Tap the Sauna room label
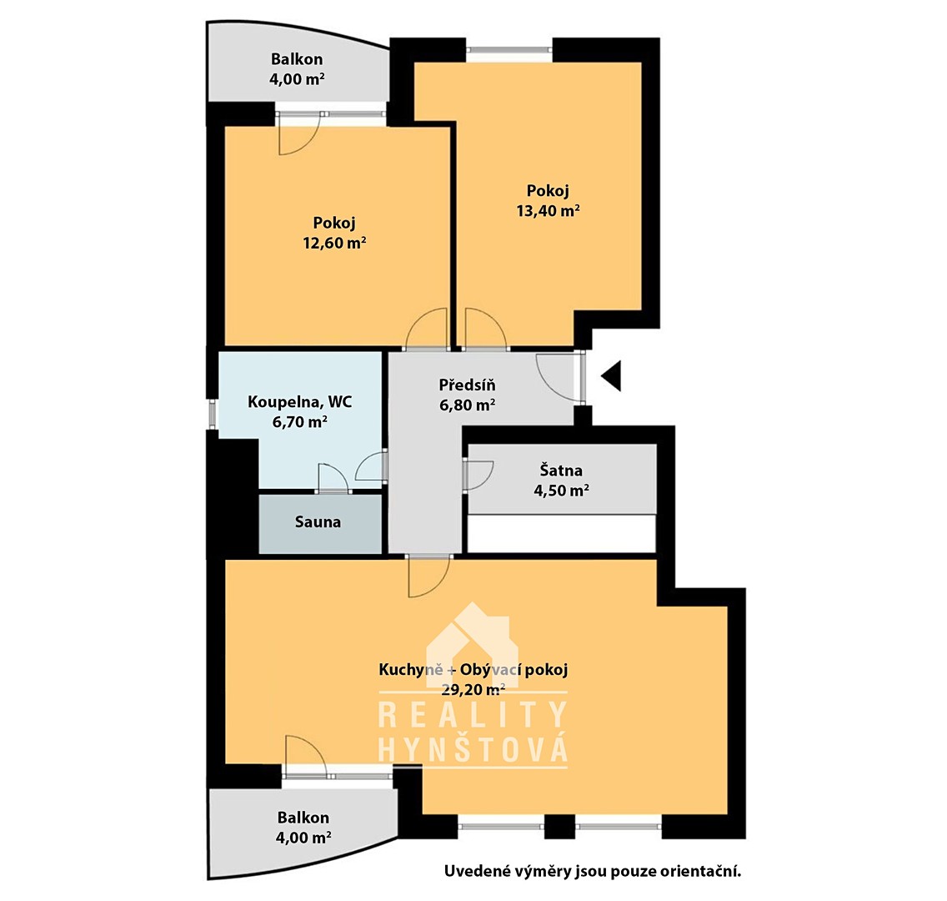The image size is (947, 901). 318,521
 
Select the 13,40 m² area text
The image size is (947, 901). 548,210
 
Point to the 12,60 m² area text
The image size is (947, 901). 334,242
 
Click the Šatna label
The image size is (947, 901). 561,471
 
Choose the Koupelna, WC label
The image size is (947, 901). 299,402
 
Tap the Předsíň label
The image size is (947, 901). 467,385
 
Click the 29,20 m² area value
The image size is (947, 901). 473,689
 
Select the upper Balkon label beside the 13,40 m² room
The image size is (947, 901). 297,59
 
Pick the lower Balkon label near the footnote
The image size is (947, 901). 303,818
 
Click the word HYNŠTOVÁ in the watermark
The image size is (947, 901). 473,750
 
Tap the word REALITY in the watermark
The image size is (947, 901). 473,714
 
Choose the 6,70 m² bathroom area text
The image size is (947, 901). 299,422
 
